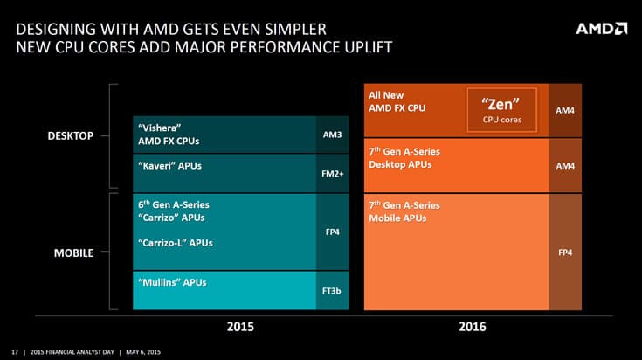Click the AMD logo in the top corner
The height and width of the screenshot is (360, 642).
601,28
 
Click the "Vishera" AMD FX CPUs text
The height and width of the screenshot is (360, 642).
175,134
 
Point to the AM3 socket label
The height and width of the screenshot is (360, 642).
332,135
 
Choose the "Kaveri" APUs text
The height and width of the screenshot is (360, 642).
170,164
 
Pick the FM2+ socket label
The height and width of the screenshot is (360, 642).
332,173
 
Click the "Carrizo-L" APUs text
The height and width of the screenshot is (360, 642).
176,243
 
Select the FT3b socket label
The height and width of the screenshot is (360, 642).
332,291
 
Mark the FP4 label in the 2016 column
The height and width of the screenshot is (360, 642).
565,253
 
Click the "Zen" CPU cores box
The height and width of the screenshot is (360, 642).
501,110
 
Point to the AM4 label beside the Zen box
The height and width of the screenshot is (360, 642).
565,111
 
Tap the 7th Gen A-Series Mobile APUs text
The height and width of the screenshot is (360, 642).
404,211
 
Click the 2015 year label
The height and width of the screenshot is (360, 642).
239,327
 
